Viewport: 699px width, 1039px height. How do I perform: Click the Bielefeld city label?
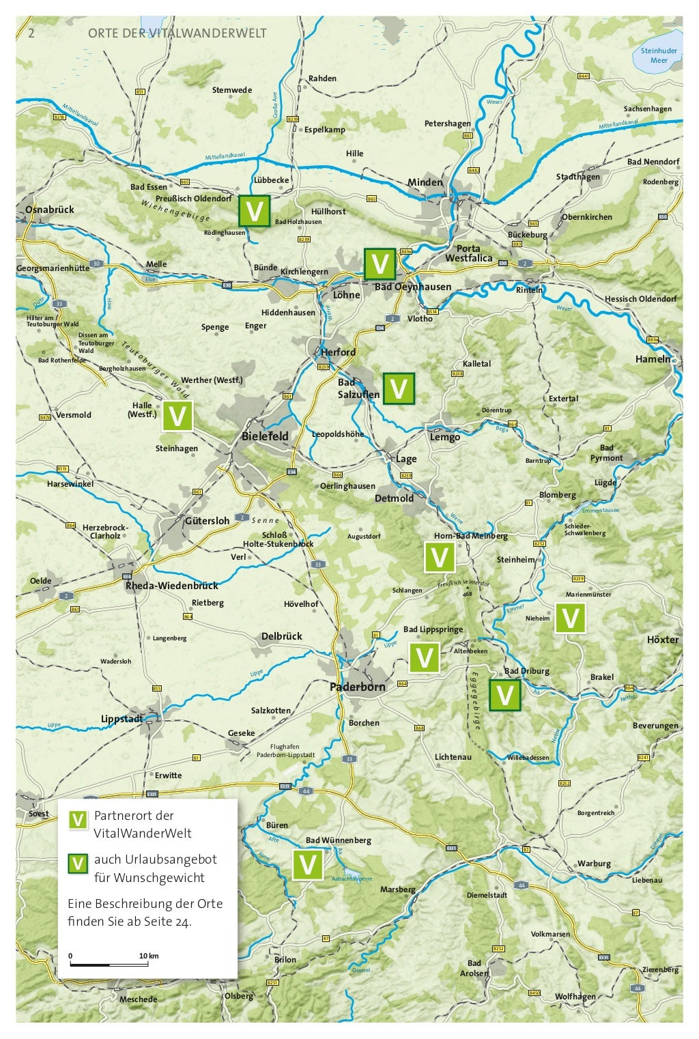pos(265,436)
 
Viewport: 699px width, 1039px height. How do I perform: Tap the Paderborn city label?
pos(357,687)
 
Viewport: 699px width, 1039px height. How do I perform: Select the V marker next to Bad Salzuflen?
pos(399,388)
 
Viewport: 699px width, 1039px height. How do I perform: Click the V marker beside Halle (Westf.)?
pos(177,416)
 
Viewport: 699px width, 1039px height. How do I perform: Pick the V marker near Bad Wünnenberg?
pos(308,865)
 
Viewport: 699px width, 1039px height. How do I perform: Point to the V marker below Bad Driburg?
pos(505,696)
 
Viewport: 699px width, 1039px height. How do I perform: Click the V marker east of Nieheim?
pos(569,618)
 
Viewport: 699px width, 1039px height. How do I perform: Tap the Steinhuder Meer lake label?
pos(659,56)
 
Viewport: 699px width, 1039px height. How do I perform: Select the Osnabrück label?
pos(50,210)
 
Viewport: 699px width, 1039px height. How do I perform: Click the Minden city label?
pos(425,182)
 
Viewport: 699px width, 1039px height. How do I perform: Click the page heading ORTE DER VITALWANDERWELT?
pos(177,34)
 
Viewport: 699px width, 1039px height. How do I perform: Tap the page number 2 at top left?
pos(31,34)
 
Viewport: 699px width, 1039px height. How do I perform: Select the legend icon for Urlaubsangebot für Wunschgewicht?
pos(79,864)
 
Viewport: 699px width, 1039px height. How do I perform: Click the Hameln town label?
pos(653,359)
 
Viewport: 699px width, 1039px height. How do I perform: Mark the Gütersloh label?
pos(207,521)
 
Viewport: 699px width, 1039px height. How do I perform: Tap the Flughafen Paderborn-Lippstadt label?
pos(285,751)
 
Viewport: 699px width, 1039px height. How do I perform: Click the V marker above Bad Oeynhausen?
pos(380,264)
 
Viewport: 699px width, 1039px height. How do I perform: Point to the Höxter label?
pos(663,640)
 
